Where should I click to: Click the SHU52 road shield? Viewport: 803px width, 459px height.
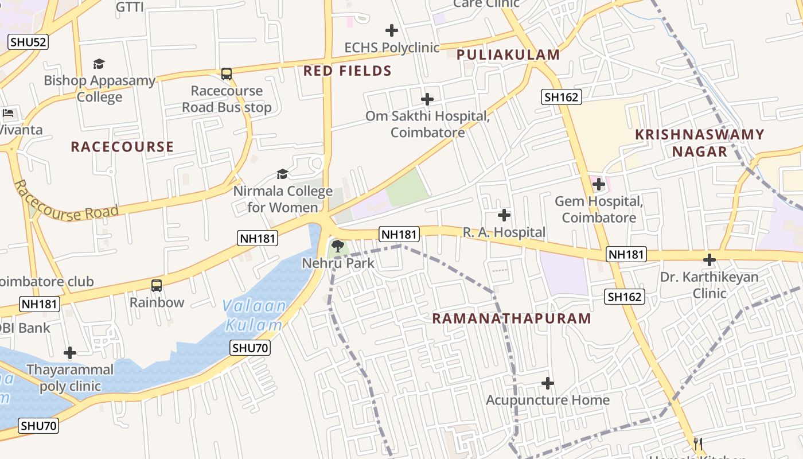(28, 42)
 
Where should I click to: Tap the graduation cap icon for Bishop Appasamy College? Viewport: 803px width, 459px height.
(99, 64)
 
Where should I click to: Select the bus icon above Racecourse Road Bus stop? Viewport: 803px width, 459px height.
(227, 74)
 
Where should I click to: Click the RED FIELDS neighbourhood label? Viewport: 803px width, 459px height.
(347, 71)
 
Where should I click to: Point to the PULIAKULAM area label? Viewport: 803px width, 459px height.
(508, 55)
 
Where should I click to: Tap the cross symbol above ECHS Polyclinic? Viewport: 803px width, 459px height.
(392, 30)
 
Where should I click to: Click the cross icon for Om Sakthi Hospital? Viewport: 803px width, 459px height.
(427, 99)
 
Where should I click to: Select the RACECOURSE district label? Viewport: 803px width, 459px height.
(122, 147)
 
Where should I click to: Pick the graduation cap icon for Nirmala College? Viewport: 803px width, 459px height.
(282, 174)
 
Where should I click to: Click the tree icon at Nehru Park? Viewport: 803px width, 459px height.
(338, 247)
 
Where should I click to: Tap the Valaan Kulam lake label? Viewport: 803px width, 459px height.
(254, 316)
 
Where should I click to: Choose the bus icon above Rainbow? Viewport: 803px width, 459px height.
(157, 285)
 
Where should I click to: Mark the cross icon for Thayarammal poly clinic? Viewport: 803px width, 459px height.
(70, 353)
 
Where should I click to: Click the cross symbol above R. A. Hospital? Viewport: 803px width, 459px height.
(504, 215)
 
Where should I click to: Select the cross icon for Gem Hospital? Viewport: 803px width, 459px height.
(599, 184)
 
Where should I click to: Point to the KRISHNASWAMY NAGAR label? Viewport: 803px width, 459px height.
(700, 143)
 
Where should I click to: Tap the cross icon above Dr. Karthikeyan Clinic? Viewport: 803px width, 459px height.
(710, 260)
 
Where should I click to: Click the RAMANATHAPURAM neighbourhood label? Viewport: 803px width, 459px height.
(511, 318)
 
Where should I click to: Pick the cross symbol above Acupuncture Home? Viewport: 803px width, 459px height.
(548, 383)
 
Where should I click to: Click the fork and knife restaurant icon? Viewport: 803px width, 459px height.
(698, 444)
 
